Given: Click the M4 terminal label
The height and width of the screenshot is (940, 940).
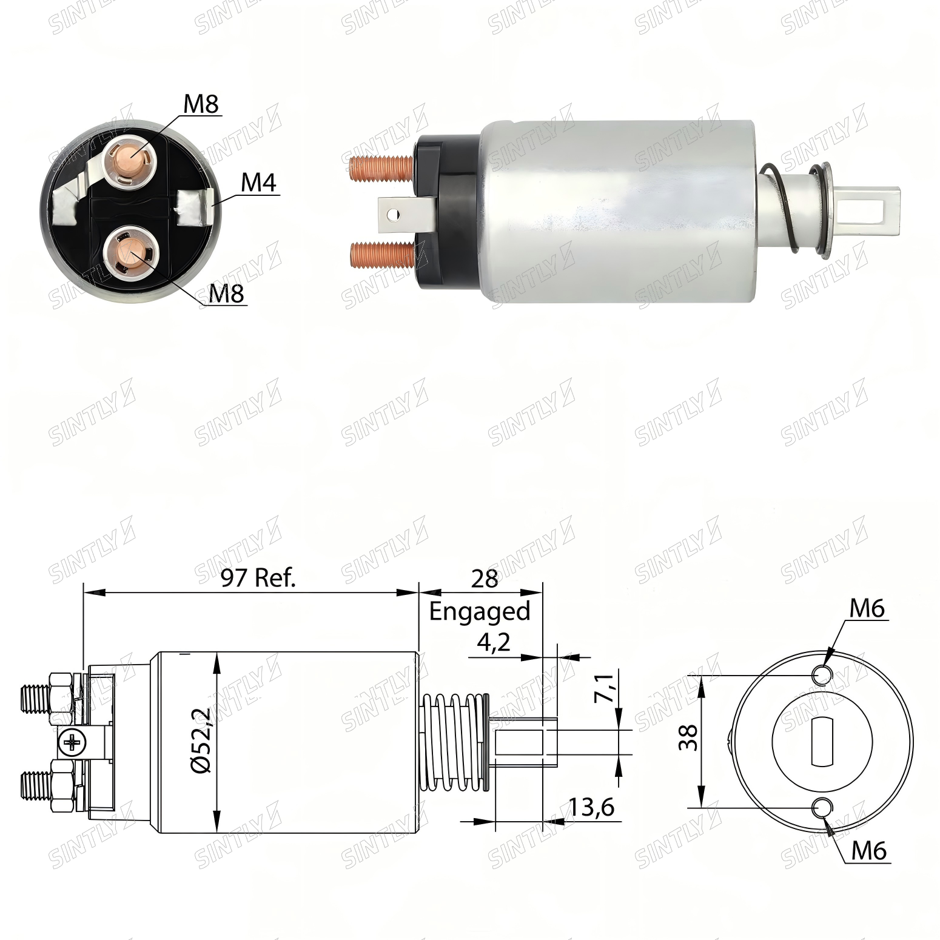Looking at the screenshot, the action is [259, 183].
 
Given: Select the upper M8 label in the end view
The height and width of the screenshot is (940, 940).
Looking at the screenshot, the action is [201, 104].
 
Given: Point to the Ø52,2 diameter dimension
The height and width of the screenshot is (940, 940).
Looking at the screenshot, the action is [201, 740].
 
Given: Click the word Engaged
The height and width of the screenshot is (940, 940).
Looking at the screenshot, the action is [480, 611].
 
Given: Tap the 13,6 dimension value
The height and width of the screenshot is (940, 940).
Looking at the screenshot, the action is [591, 807].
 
